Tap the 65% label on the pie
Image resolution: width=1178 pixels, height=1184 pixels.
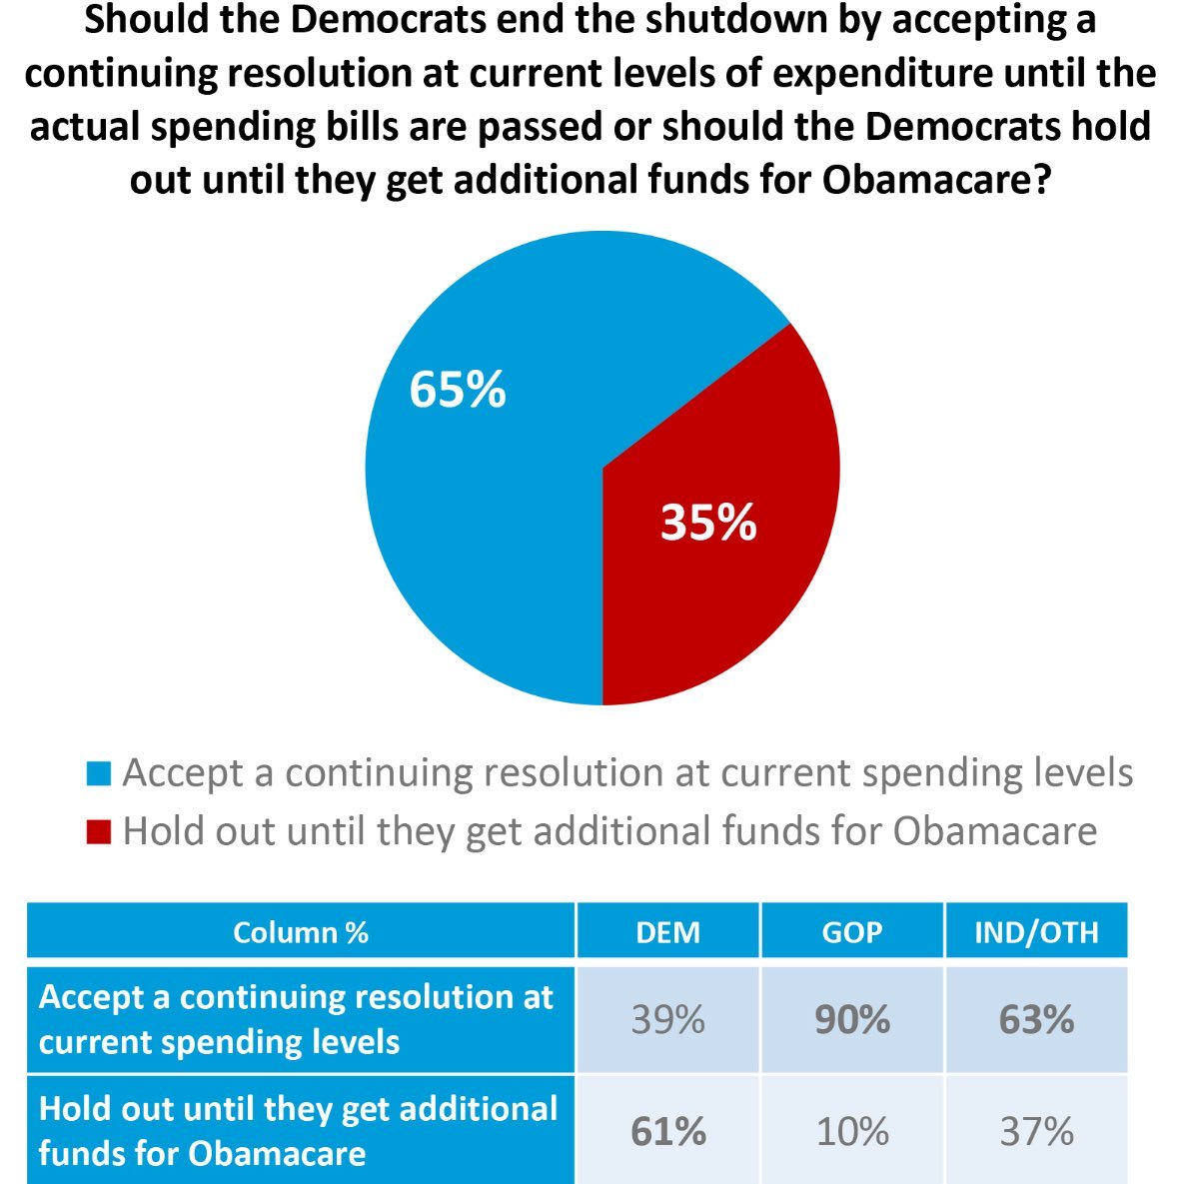[x=458, y=389]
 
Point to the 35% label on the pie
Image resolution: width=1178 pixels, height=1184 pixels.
[x=708, y=522]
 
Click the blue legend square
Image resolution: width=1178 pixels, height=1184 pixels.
[x=98, y=773]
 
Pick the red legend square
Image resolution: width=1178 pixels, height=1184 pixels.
[x=98, y=831]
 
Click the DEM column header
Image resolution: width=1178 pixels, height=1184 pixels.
[x=667, y=932]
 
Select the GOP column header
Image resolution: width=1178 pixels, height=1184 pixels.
[x=852, y=932]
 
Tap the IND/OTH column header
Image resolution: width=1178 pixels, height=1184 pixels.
[x=1036, y=932]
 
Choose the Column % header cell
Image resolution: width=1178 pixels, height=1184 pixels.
[x=300, y=932]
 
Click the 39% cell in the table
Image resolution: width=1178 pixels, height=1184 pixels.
[x=667, y=1020]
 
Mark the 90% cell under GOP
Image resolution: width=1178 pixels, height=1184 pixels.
[x=852, y=1020]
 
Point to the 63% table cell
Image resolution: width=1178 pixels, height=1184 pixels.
[x=1036, y=1020]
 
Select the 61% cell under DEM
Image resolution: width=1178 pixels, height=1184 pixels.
[x=667, y=1131]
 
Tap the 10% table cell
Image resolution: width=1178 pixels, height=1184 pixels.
[x=852, y=1131]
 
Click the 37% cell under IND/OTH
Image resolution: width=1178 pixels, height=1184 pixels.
[x=1036, y=1131]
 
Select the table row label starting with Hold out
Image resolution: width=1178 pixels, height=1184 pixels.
[x=298, y=1130]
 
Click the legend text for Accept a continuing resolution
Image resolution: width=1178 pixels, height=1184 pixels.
[x=627, y=773]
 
